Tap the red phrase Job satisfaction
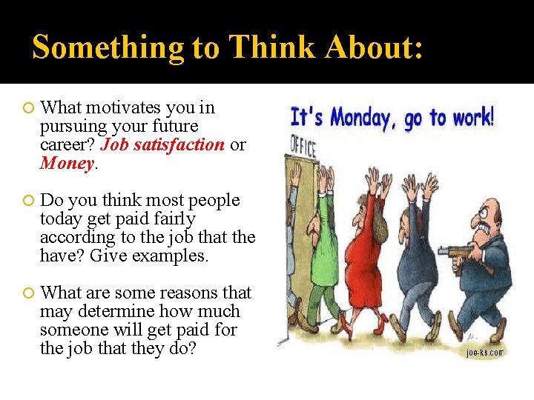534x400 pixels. click(x=162, y=144)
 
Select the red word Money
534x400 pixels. click(x=67, y=163)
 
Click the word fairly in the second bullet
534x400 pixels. click(x=170, y=219)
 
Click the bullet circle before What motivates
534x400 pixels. click(x=28, y=109)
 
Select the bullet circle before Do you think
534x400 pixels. click(x=28, y=201)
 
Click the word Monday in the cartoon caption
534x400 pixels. click(x=361, y=118)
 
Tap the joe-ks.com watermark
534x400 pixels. click(x=484, y=353)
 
